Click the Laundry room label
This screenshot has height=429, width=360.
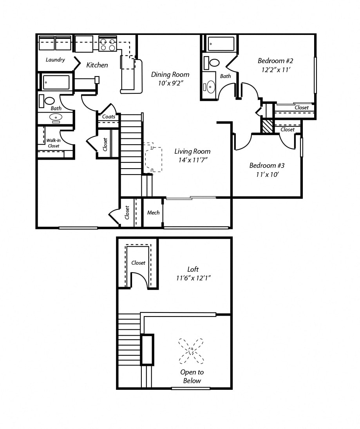click(x=55, y=60)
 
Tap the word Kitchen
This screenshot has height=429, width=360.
click(x=97, y=65)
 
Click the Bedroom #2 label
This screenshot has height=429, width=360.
click(x=275, y=61)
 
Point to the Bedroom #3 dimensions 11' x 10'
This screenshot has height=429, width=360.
click(x=267, y=175)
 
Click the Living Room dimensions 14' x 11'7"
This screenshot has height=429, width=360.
click(x=192, y=160)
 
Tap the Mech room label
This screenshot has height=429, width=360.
click(x=153, y=213)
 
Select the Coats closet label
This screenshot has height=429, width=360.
click(x=109, y=116)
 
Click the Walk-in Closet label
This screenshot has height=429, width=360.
click(x=54, y=143)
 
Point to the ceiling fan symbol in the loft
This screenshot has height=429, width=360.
click(x=191, y=351)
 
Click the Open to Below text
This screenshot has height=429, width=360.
click(x=192, y=376)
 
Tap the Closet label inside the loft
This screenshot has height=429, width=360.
click(x=138, y=263)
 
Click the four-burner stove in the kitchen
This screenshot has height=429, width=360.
click(x=108, y=44)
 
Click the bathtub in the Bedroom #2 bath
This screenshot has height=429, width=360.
click(x=221, y=44)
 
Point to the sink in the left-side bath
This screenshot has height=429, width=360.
click(x=56, y=117)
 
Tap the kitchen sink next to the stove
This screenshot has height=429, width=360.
click(x=84, y=44)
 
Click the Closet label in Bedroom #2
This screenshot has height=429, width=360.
click(x=302, y=107)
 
